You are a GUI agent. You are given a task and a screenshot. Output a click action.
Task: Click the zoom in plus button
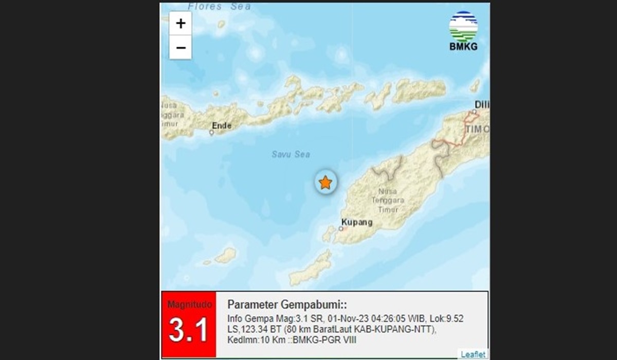(180, 24)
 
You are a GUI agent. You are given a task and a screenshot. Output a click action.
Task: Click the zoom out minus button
(180, 48)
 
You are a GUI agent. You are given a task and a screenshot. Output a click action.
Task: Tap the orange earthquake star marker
(325, 183)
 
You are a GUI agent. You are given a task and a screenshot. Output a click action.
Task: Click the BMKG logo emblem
(463, 26)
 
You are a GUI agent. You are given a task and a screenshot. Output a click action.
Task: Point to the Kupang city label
(356, 223)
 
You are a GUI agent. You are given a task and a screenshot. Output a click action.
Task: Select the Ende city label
(222, 125)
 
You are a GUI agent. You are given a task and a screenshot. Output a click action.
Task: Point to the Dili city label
(482, 105)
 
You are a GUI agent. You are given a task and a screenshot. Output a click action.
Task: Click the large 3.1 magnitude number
(188, 330)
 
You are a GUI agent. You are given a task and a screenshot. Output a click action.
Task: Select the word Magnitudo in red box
(188, 304)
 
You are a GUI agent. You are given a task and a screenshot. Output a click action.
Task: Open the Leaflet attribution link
(472, 354)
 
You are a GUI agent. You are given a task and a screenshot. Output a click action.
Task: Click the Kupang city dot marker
(340, 228)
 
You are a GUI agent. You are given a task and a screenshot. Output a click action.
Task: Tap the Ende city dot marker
(211, 133)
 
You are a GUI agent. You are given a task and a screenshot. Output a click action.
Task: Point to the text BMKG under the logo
(463, 47)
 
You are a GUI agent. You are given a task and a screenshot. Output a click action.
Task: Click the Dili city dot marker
(475, 111)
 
